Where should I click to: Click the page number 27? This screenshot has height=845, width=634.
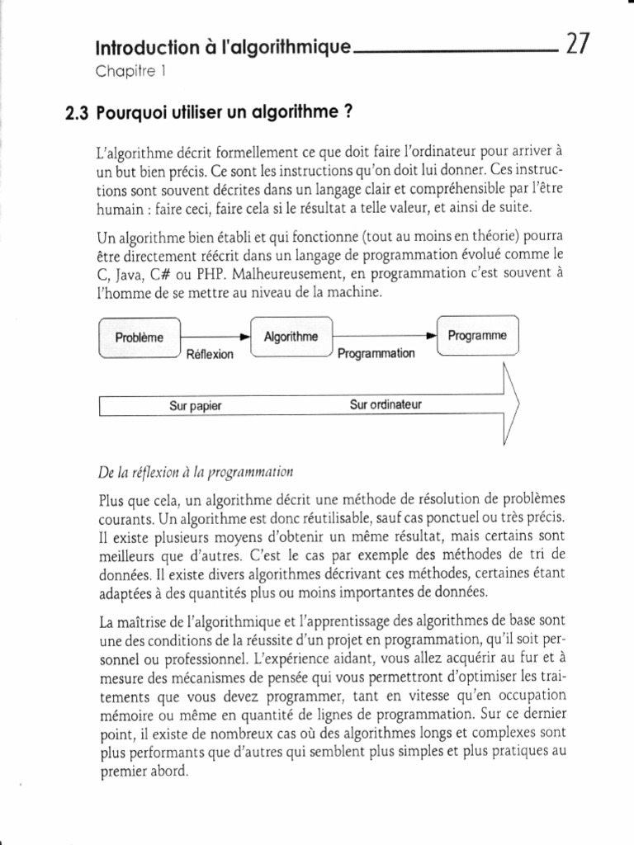(575, 42)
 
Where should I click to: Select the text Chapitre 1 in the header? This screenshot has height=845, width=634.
(131, 70)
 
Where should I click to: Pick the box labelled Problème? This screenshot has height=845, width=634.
(139, 338)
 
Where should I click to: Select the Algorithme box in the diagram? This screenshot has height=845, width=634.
(291, 337)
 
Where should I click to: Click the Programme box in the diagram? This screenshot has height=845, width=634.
(477, 336)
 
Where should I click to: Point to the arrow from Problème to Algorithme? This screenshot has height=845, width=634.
(214, 338)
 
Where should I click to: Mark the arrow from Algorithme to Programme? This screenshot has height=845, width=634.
(383, 337)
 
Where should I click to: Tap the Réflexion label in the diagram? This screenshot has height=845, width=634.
(211, 354)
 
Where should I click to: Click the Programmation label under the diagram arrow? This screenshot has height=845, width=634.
(376, 354)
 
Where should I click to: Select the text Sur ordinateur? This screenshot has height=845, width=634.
(386, 405)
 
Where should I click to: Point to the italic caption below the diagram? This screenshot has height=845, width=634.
(196, 472)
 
